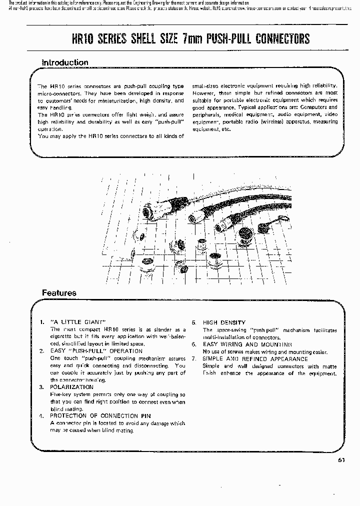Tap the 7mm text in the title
click(187, 38)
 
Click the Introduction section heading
click(65, 62)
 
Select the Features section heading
click(59, 293)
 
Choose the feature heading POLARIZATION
click(71, 387)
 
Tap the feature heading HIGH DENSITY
click(224, 322)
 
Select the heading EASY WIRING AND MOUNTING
click(247, 344)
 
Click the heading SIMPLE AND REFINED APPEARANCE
click(255, 359)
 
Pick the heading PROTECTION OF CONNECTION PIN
click(100, 416)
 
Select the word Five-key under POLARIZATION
click(62, 394)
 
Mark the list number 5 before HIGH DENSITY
click(193, 322)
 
